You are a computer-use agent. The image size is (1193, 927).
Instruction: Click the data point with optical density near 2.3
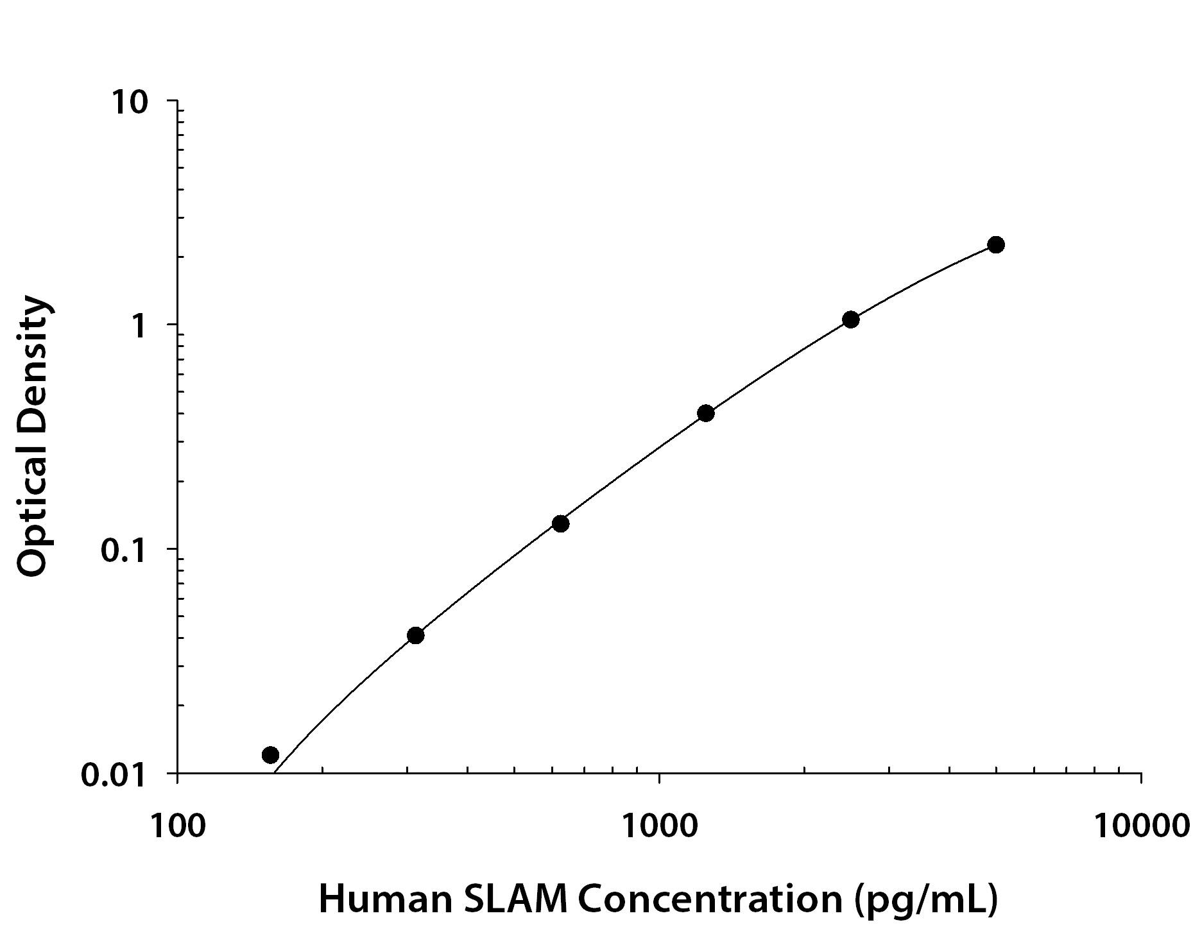(996, 244)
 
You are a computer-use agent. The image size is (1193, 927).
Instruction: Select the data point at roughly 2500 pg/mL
(851, 319)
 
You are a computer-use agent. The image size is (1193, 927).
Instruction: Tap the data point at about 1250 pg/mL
(706, 413)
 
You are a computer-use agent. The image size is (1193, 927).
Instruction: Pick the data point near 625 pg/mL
(561, 523)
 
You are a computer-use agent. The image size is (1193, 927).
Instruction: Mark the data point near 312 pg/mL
(416, 636)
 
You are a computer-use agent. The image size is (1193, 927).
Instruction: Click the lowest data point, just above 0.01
(271, 754)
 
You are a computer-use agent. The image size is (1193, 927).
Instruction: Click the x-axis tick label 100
(178, 825)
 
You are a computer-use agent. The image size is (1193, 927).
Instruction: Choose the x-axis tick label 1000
(660, 825)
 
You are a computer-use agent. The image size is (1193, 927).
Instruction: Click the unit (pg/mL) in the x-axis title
(925, 900)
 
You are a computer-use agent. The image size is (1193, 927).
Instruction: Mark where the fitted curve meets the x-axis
(275, 773)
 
